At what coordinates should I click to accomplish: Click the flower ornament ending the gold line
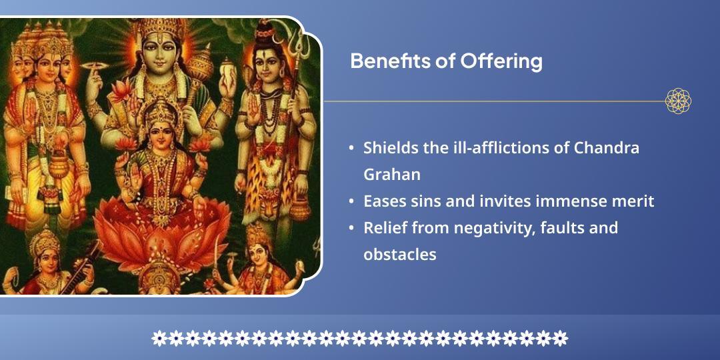[x=678, y=101]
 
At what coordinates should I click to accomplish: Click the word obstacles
[x=399, y=254]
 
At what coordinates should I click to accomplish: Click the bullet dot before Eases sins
[x=351, y=201]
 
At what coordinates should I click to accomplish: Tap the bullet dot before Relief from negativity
[x=351, y=227]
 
